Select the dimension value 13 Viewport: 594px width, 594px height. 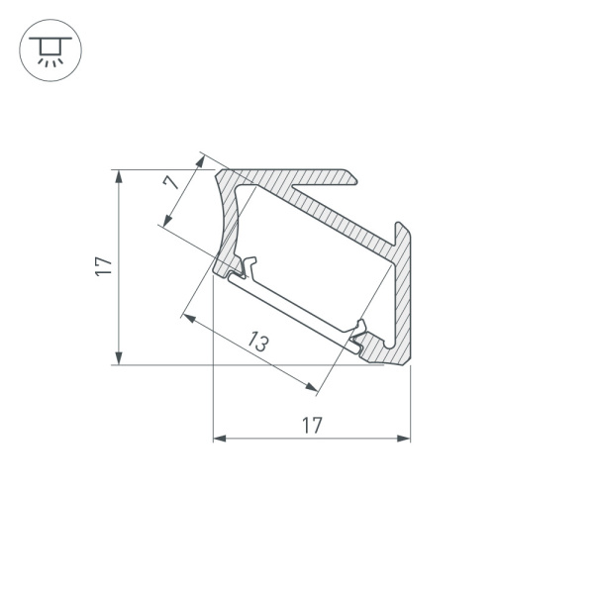pos(258,343)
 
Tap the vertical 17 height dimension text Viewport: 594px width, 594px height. pos(104,265)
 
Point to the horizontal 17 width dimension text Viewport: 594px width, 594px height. pos(311,426)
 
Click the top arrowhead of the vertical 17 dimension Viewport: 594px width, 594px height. pos(119,175)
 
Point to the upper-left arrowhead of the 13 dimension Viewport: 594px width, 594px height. pos(188,319)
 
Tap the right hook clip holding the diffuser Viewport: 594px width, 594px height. pos(360,334)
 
